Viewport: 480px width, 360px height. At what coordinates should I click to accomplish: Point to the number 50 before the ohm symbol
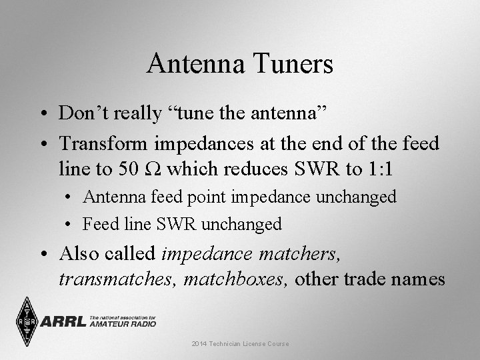127,169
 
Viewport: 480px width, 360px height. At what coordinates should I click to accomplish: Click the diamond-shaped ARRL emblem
27,321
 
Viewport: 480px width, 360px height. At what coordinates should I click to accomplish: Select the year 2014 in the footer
199,344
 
